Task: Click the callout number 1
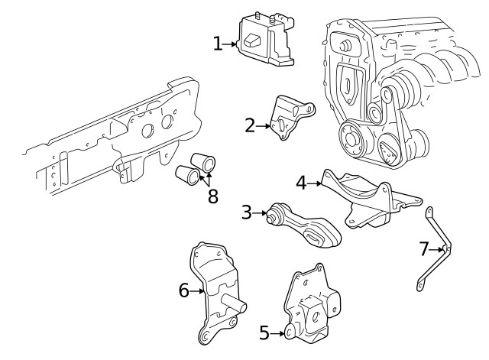click(x=218, y=44)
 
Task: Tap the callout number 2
click(x=250, y=125)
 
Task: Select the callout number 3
click(x=246, y=212)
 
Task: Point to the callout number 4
click(x=301, y=183)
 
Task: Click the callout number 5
click(x=264, y=332)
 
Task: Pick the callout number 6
click(x=183, y=290)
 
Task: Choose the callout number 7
click(x=425, y=248)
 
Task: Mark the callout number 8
click(x=212, y=196)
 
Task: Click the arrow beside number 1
click(x=232, y=44)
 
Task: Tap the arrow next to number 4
click(x=315, y=183)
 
